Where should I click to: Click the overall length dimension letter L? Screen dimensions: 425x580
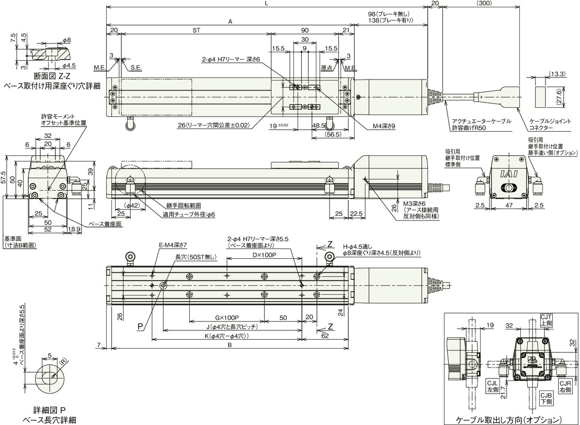[266, 4]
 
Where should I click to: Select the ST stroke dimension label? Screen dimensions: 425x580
[196, 31]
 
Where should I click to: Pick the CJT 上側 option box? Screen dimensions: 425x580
[546, 320]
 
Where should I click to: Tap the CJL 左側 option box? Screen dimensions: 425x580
[493, 386]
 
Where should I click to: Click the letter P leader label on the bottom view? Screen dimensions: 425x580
[140, 325]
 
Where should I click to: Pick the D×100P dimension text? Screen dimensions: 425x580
[264, 255]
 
